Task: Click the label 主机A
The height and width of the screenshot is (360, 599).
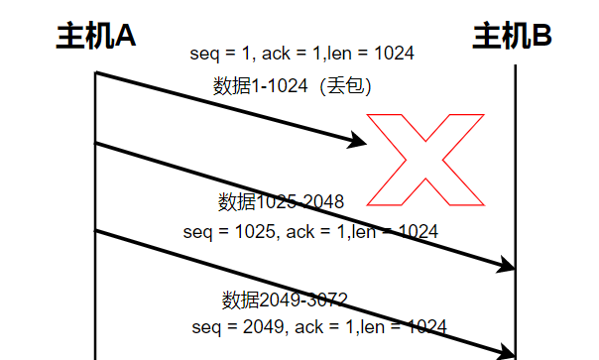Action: (95, 37)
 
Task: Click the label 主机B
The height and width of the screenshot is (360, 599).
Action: (512, 37)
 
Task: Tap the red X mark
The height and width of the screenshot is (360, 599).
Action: (426, 159)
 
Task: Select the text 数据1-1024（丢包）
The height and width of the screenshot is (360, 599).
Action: (292, 86)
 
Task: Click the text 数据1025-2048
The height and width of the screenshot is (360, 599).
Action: (282, 202)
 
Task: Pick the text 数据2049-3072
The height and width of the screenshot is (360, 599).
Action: (285, 300)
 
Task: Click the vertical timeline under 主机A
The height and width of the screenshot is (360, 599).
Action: (95, 198)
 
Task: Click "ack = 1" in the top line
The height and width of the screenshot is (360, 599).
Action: (288, 54)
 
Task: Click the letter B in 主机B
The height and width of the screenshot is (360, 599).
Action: (540, 37)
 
